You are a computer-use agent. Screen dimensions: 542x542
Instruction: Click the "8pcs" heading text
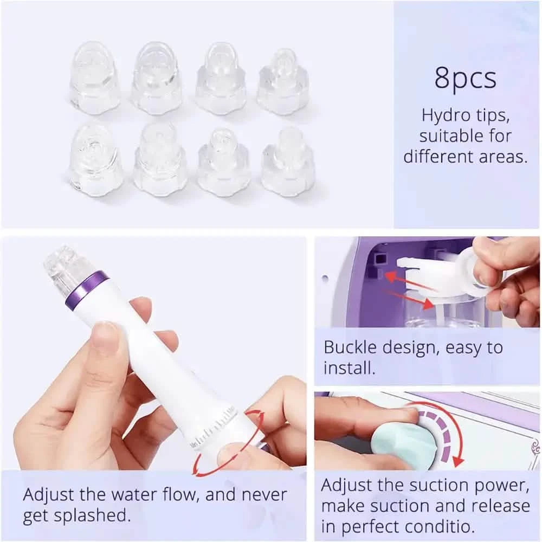click(x=465, y=78)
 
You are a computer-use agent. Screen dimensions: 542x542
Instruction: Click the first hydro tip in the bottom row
click(x=95, y=159)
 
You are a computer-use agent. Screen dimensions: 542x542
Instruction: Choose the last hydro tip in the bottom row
click(x=287, y=161)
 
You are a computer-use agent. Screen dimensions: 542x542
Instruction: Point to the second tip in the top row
click(x=157, y=79)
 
